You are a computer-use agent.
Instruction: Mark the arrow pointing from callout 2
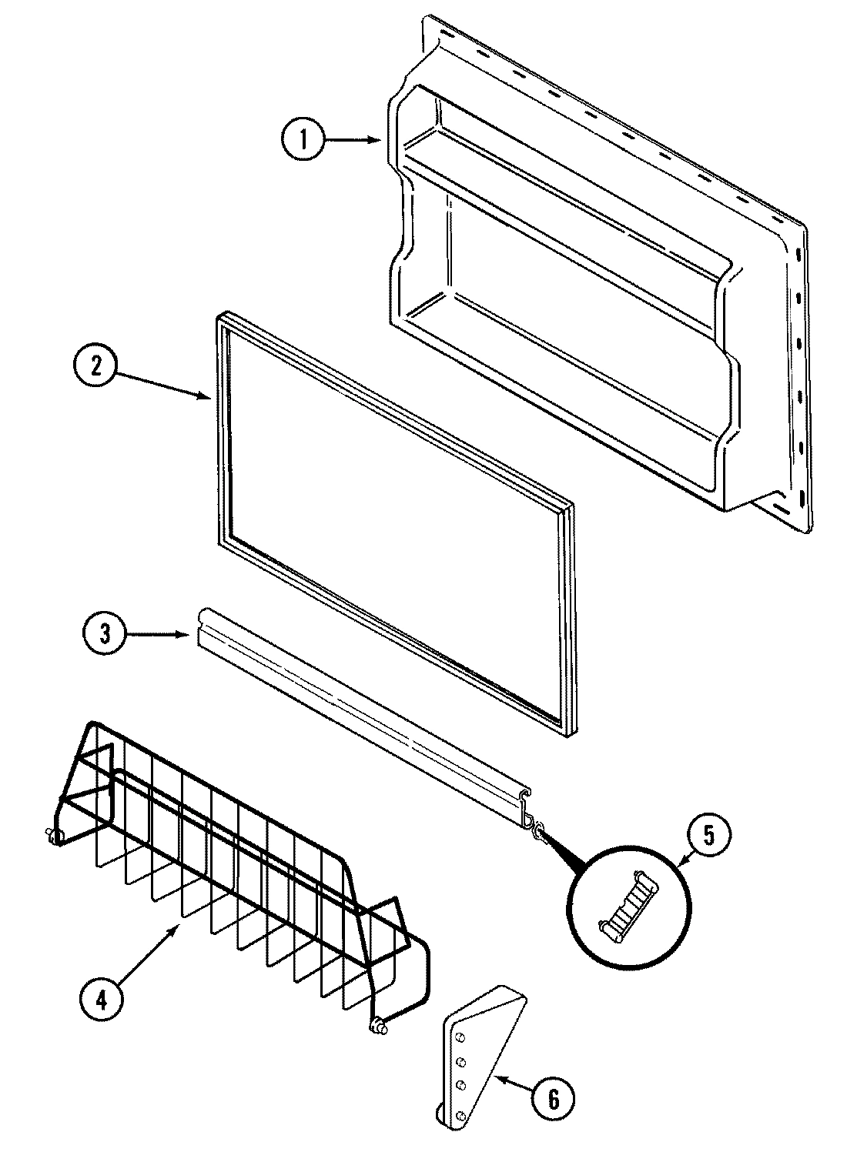[166, 384]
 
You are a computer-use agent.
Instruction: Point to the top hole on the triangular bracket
[459, 1039]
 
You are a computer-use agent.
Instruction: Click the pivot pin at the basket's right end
[377, 1024]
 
